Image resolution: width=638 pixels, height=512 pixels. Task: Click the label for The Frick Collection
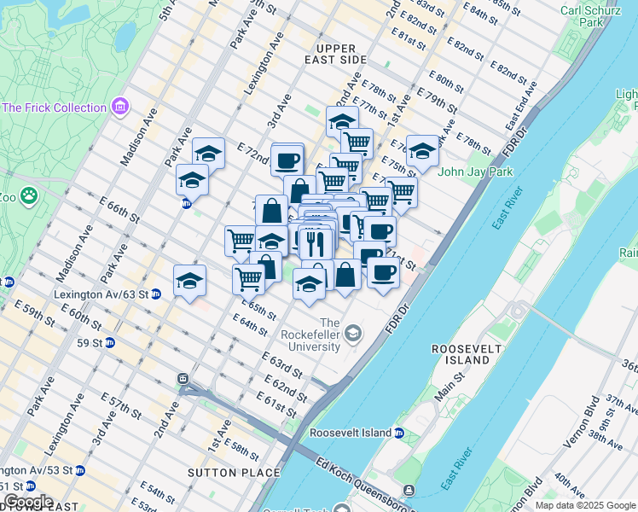pos(55,108)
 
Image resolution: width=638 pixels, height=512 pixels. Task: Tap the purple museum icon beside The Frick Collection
pos(120,108)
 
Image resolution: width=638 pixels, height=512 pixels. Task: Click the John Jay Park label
pos(474,172)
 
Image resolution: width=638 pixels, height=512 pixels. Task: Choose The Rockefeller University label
pos(330,331)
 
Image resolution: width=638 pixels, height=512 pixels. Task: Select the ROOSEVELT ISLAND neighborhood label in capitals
pos(461,354)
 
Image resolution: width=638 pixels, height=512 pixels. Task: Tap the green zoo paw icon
pos(31,196)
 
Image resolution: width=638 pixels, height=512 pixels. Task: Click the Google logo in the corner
pos(27,502)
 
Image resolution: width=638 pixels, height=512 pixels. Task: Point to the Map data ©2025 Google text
pos(585,505)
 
